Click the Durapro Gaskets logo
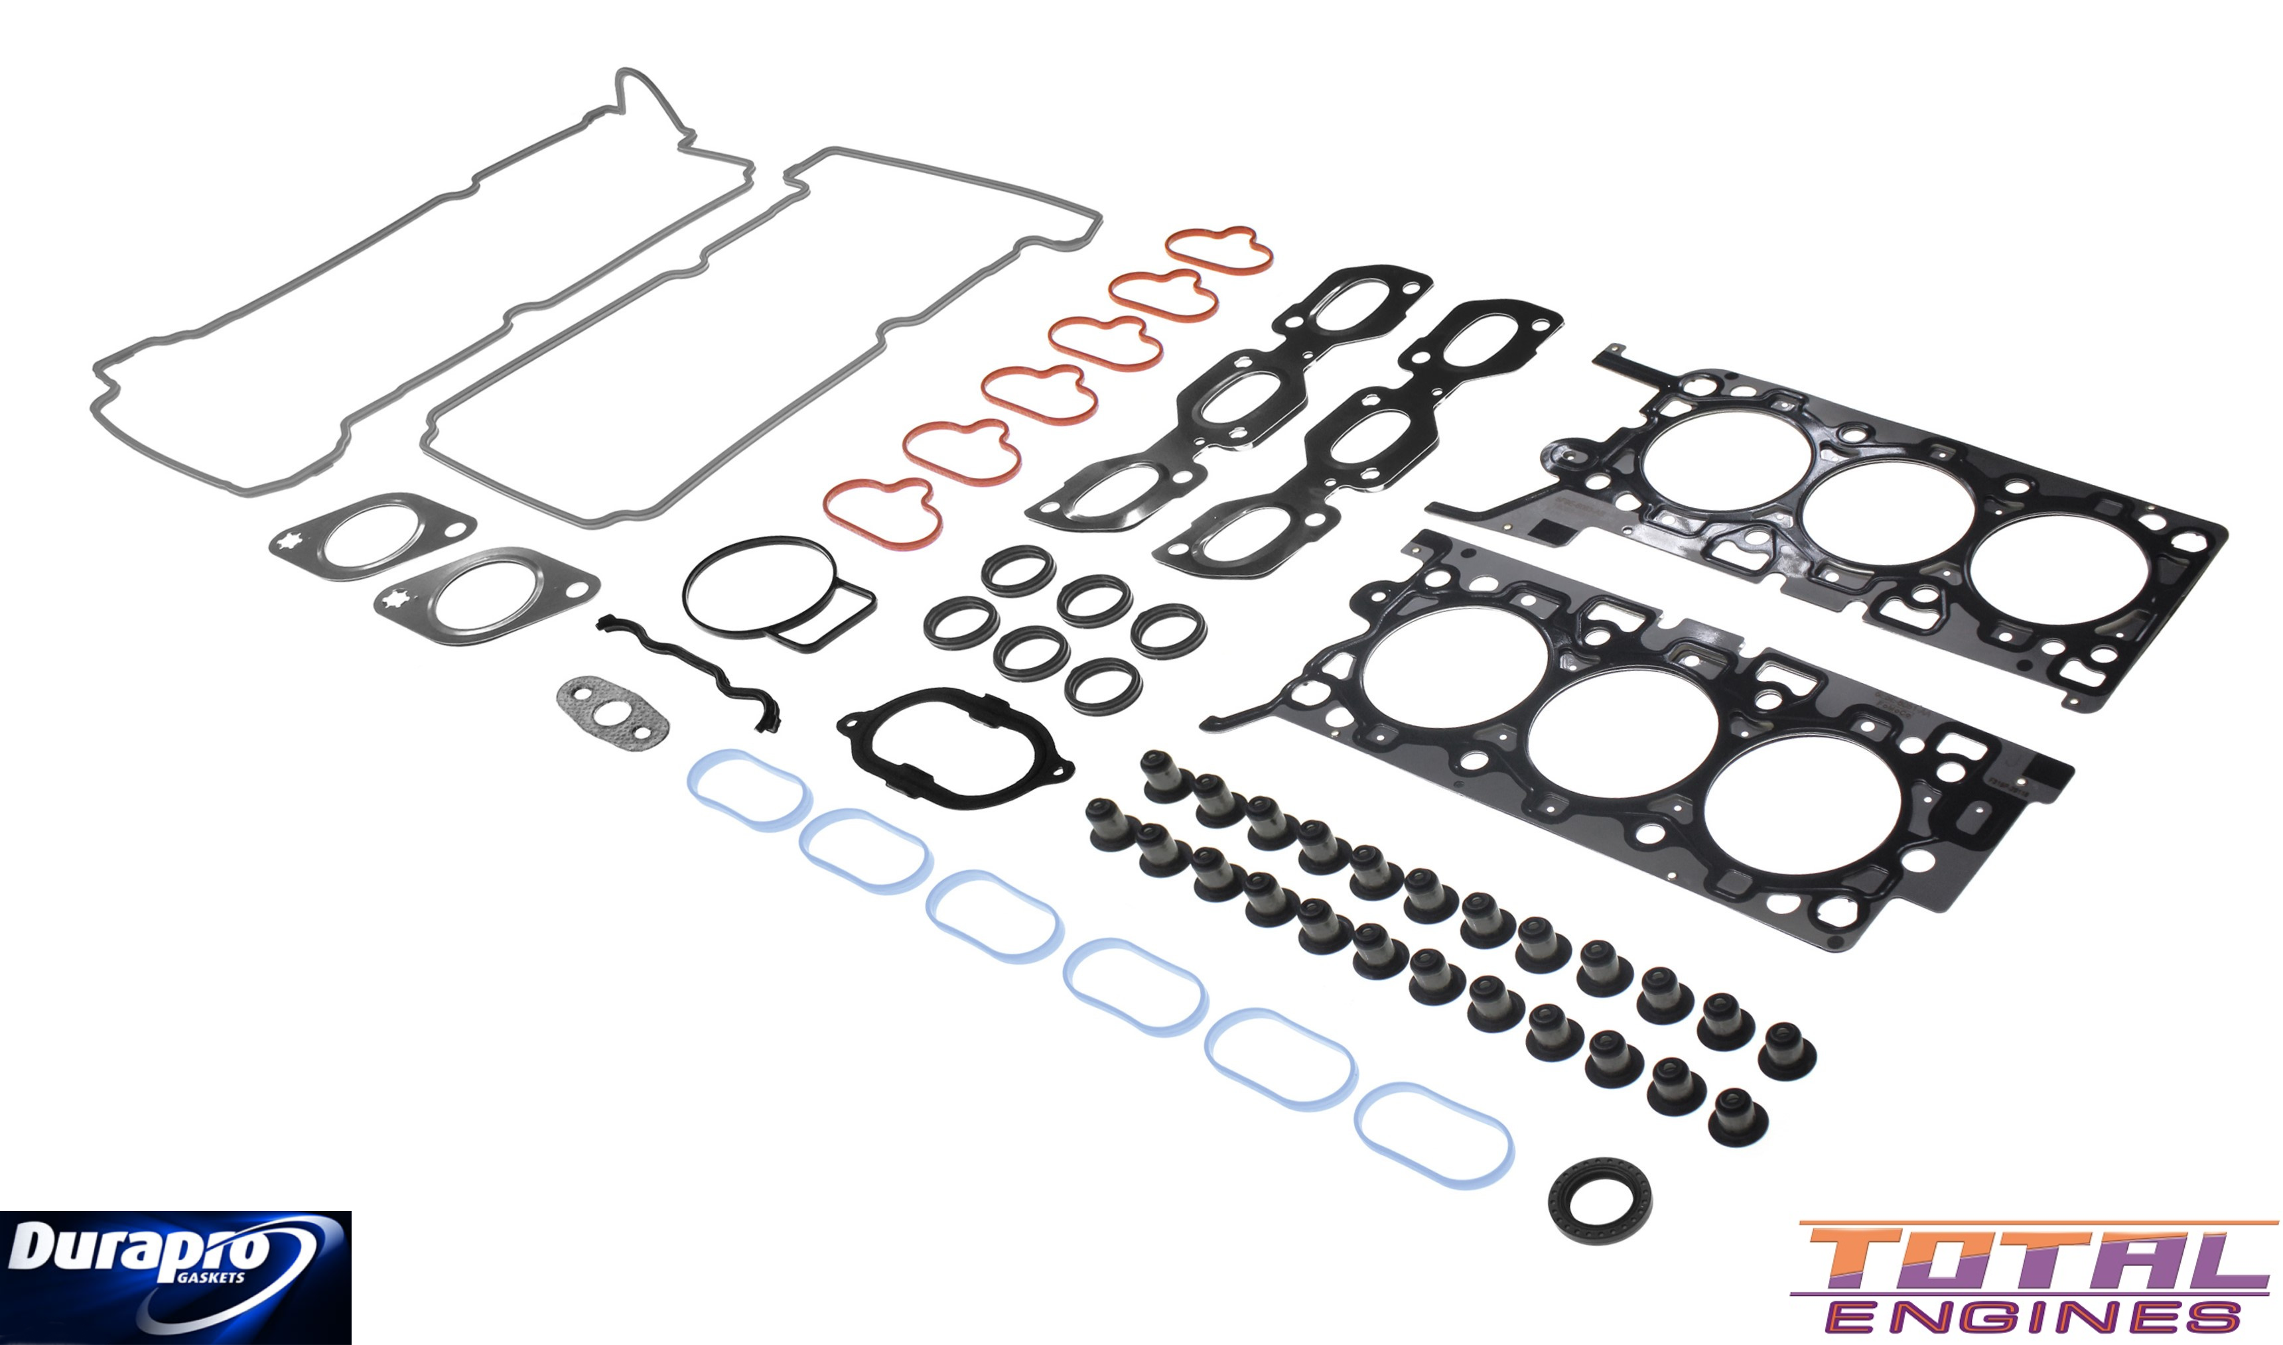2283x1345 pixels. click(x=175, y=1277)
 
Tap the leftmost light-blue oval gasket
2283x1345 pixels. click(x=745, y=789)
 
